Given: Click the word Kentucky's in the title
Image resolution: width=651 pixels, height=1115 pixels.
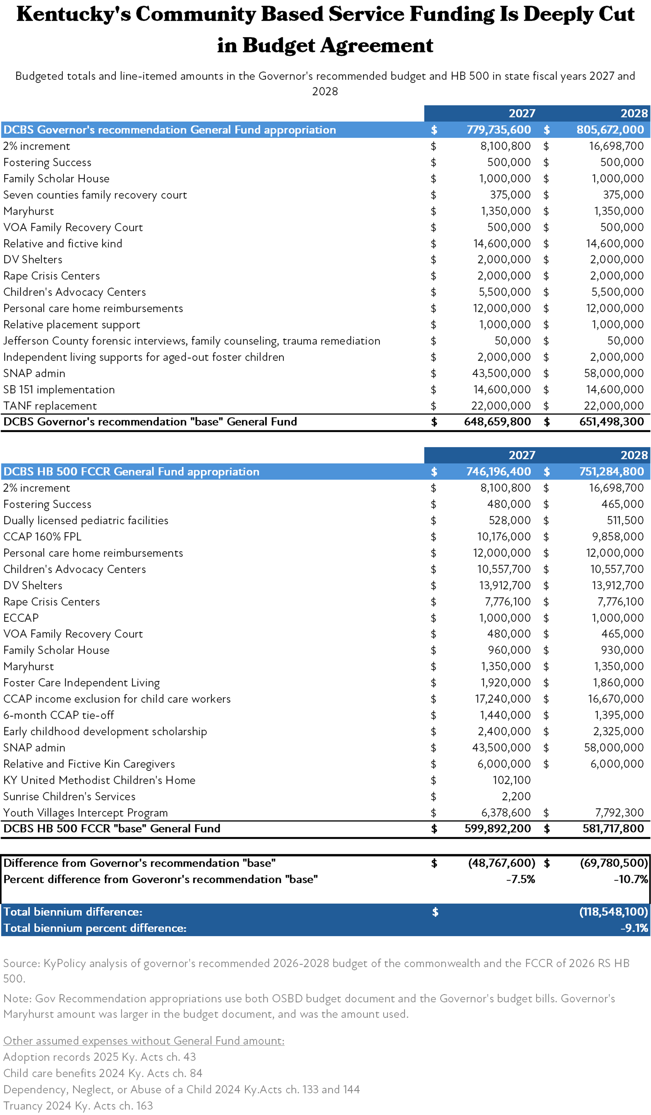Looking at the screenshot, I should [x=74, y=15].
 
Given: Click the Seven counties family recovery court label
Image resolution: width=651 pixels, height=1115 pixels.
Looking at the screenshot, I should [x=95, y=195].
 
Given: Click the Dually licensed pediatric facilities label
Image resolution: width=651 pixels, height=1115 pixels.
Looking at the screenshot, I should [x=86, y=520].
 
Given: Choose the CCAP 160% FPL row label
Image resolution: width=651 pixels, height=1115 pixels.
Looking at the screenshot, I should [x=42, y=537].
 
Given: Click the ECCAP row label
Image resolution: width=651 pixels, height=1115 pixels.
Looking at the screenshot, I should [x=21, y=618].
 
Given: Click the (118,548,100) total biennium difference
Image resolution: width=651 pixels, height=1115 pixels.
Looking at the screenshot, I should [x=613, y=912].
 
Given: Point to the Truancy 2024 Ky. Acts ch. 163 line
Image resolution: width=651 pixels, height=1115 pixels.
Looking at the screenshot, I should [x=78, y=1106].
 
